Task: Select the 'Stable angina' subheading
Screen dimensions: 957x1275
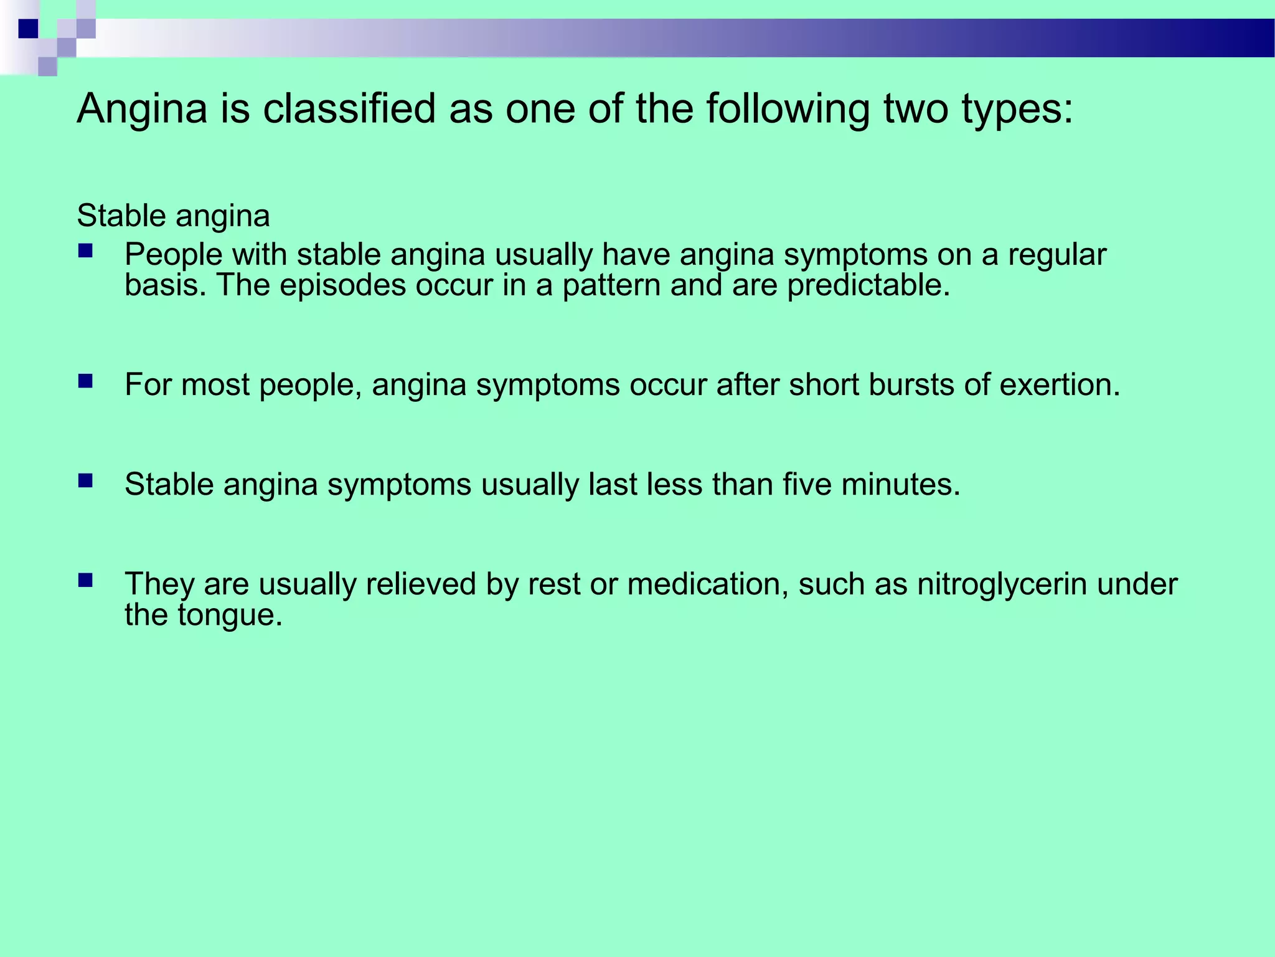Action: point(173,216)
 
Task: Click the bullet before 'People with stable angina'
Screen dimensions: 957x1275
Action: point(85,252)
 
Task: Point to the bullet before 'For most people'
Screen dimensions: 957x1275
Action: point(85,381)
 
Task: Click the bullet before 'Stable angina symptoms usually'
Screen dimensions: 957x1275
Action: point(85,480)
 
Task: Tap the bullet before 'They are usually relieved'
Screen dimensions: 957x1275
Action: point(85,580)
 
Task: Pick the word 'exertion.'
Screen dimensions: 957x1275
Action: point(1060,384)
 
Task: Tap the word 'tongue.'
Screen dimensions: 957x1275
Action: point(230,616)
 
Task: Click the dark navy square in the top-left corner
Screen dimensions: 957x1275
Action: point(28,29)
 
